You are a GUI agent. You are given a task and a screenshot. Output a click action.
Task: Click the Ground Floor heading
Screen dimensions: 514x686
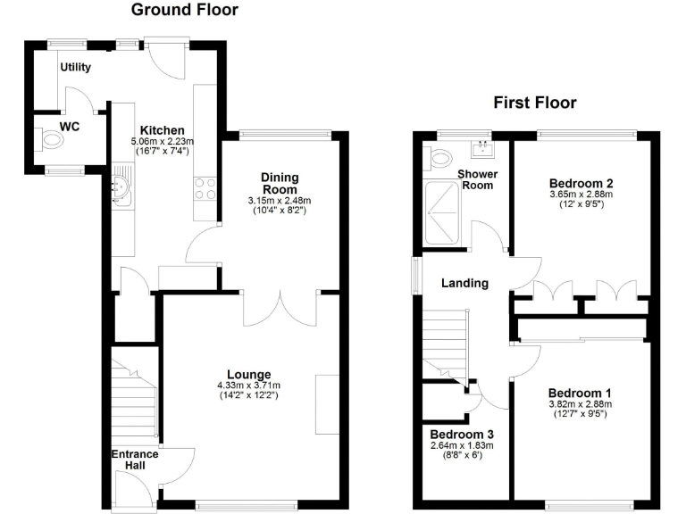185,11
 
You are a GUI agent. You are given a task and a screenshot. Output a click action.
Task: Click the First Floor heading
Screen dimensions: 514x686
535,103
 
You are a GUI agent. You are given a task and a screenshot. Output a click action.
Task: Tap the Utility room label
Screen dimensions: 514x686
77,67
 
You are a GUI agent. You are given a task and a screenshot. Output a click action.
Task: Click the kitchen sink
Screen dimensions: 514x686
121,187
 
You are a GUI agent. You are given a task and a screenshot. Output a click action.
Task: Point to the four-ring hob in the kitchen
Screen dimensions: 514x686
203,189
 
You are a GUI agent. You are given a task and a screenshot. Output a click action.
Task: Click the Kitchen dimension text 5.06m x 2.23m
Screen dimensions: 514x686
162,141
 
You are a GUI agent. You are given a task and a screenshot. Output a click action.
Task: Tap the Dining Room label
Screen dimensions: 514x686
280,184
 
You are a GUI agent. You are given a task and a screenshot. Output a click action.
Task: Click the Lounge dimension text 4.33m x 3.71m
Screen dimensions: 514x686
248,385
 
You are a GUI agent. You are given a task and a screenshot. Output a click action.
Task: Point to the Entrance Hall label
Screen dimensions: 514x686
135,460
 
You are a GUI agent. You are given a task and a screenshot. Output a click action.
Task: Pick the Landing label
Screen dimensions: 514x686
465,284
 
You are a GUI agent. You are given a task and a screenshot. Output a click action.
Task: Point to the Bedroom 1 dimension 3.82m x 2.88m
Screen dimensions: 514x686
580,403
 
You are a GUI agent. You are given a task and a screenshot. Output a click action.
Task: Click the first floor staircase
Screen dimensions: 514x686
444,344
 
